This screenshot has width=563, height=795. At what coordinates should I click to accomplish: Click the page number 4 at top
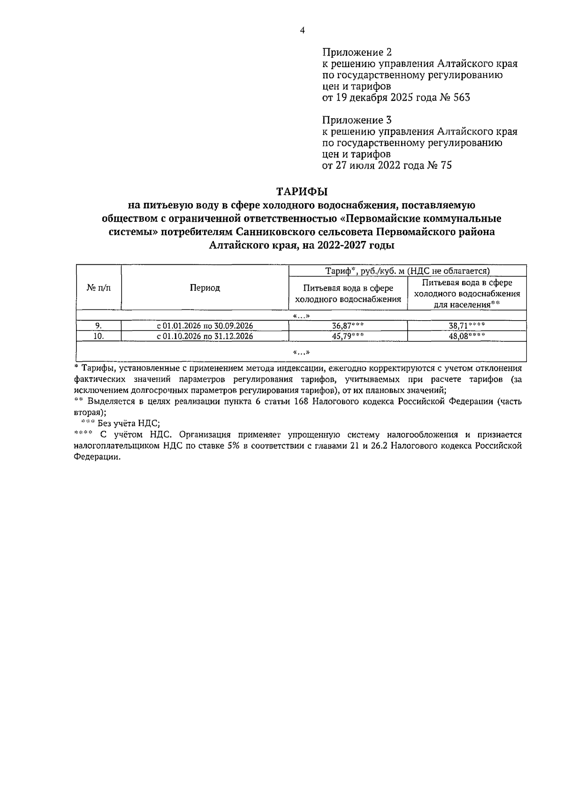302,30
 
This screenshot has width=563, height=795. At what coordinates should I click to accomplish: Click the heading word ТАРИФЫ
302,192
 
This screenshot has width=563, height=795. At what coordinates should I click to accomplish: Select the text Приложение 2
357,52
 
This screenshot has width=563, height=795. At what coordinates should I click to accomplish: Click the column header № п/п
99,288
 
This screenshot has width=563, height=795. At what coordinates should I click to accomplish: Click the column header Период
205,288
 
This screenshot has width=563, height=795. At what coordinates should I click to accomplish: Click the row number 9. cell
99,326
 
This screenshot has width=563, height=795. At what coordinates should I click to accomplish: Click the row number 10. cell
99,336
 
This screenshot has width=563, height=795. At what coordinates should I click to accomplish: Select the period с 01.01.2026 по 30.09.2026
205,326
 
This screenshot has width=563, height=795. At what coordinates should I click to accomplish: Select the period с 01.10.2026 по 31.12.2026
205,336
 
